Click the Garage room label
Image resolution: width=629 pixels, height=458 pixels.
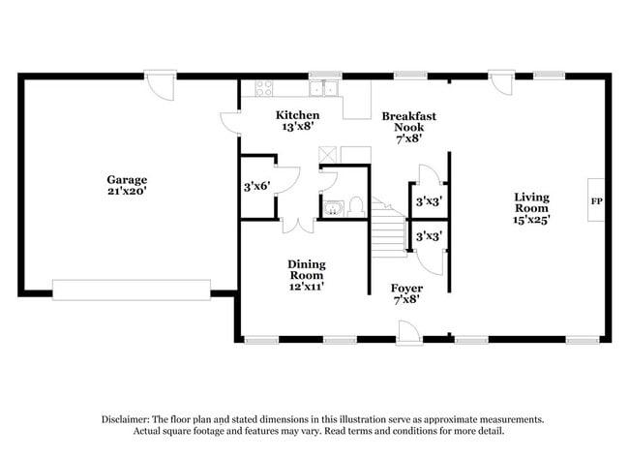pyautogui.click(x=127, y=185)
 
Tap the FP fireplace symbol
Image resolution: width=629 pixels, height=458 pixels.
pyautogui.click(x=596, y=199)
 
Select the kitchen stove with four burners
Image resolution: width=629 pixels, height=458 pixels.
pyautogui.click(x=264, y=88)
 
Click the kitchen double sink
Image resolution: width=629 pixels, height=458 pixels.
pyautogui.click(x=324, y=88)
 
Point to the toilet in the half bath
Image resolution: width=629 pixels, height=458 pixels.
pyautogui.click(x=356, y=206)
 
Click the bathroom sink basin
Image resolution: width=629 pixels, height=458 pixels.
pyautogui.click(x=333, y=209)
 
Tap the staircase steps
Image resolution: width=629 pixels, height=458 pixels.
pyautogui.click(x=387, y=228)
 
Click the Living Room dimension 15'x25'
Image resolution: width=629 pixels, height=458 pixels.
pyautogui.click(x=531, y=220)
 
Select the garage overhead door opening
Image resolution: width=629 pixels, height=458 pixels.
pyautogui.click(x=132, y=290)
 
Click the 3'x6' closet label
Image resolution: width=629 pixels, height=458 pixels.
pyautogui.click(x=256, y=186)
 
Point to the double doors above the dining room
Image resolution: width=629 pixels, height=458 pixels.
pyautogui.click(x=298, y=226)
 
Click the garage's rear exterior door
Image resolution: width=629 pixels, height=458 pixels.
pyautogui.click(x=161, y=85)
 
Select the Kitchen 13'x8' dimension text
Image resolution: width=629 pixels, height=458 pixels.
pyautogui.click(x=297, y=127)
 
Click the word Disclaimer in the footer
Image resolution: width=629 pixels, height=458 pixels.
pyautogui.click(x=125, y=419)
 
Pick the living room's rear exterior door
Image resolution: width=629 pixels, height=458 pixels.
pyautogui.click(x=502, y=83)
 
